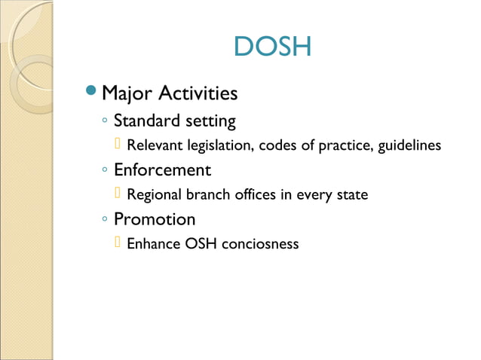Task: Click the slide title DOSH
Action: (272, 47)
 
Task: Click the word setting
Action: (211, 121)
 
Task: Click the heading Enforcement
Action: (162, 170)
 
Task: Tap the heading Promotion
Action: (155, 220)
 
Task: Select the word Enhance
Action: (154, 244)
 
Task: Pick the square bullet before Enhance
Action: (118, 243)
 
